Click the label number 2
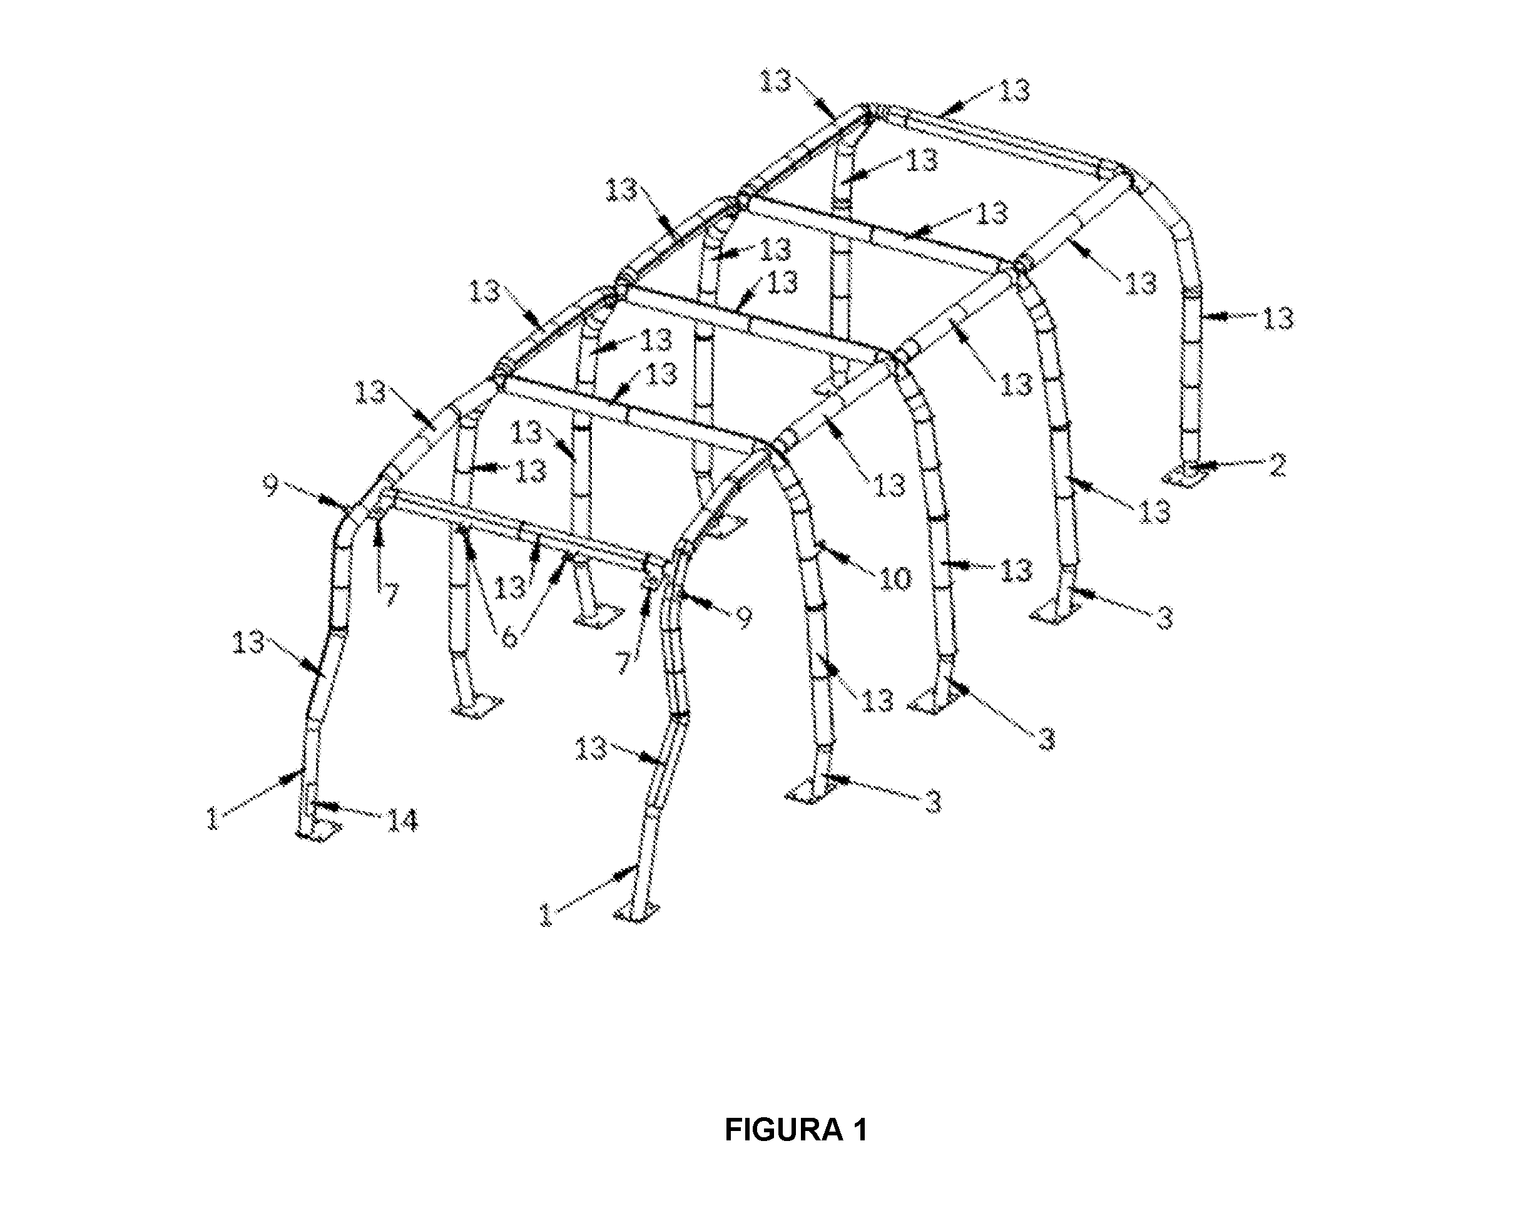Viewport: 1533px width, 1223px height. tap(1277, 466)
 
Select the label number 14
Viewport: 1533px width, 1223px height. tap(402, 821)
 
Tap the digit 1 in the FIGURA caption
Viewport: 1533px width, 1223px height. tap(858, 1130)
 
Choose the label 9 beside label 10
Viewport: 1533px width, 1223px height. tap(744, 617)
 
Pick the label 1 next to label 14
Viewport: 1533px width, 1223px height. tap(213, 819)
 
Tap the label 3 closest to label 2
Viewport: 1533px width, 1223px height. tap(1164, 618)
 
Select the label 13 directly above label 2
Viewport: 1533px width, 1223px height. tap(1278, 318)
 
